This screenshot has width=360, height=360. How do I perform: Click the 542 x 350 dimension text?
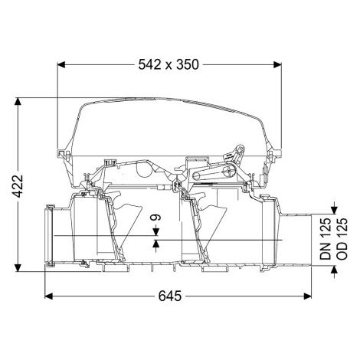click(x=169, y=64)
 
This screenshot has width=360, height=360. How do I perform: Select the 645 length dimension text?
click(x=170, y=296)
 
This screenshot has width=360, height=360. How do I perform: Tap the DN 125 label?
click(x=326, y=239)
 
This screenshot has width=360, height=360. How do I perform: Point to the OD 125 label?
click(x=342, y=239)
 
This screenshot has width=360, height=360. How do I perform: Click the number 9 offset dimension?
click(x=156, y=218)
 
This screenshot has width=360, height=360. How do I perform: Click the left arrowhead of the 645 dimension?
click(x=48, y=296)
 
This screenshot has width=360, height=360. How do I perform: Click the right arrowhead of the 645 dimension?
click(x=308, y=296)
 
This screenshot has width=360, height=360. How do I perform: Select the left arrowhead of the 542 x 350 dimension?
click(x=61, y=64)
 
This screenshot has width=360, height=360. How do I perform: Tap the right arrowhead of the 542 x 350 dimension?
click(x=277, y=64)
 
